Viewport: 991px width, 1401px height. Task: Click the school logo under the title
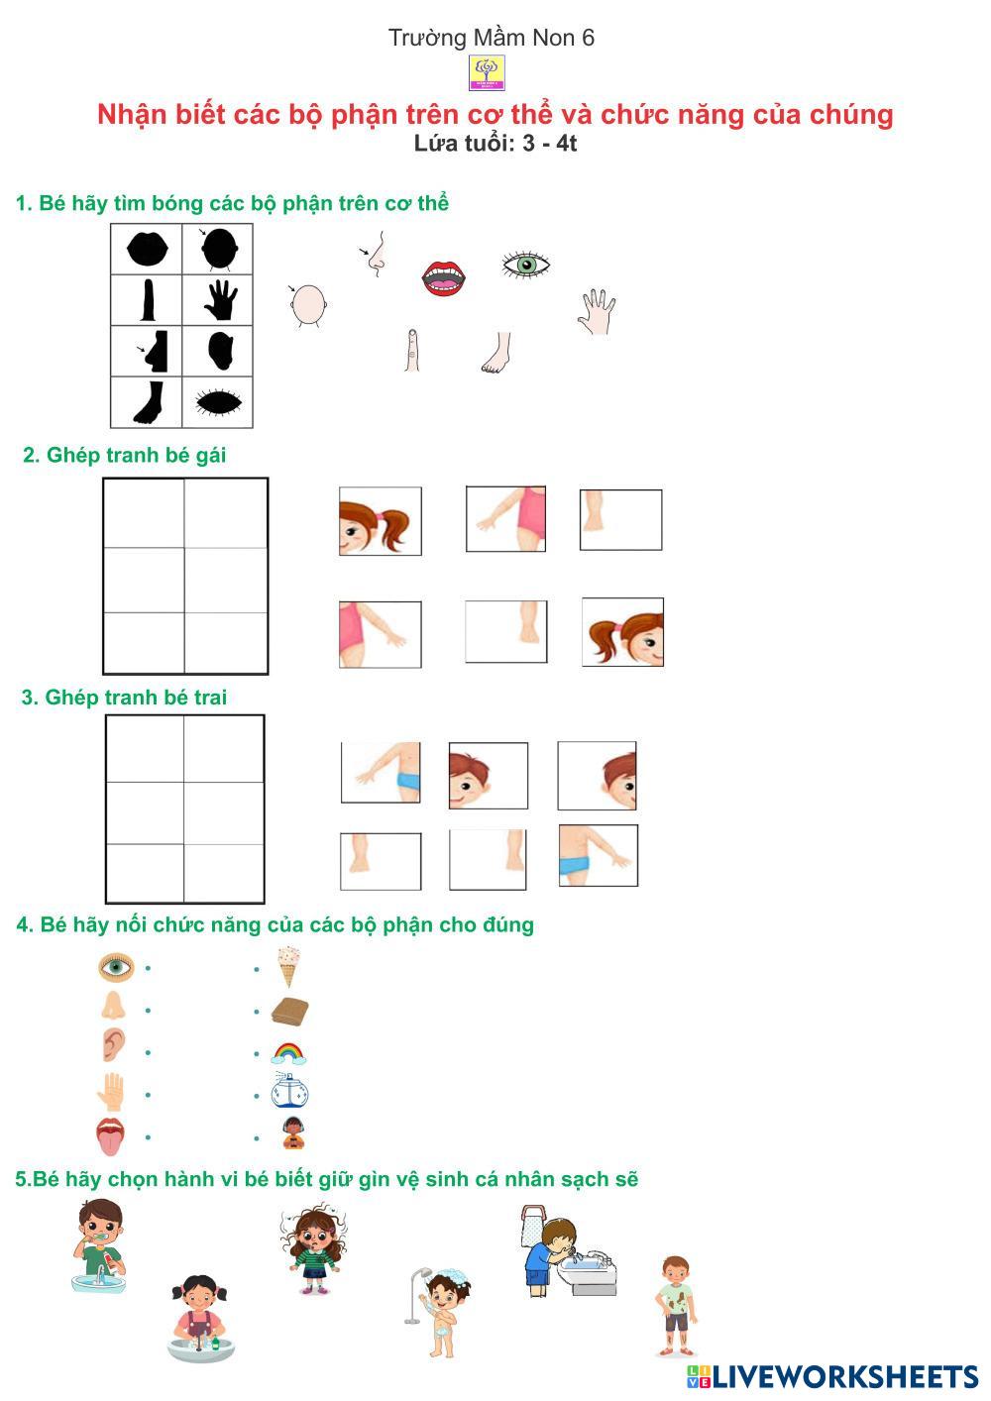coord(487,72)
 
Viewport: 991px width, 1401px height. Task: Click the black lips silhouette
coord(147,249)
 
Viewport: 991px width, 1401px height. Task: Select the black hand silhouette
coord(220,300)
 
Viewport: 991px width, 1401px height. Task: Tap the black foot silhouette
coord(149,403)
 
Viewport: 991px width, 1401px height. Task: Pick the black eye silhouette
coord(219,402)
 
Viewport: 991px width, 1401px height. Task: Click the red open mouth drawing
coord(444,278)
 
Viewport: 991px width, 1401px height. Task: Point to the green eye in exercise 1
coord(526,266)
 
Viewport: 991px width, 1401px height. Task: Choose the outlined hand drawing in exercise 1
coord(597,311)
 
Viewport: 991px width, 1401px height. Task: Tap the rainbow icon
coord(289,1053)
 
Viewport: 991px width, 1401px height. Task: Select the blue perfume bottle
coord(289,1091)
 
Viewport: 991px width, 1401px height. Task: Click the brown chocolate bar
coord(289,1011)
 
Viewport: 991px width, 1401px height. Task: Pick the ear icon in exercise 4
coord(113,1044)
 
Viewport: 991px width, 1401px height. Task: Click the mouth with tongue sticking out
coord(111,1135)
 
